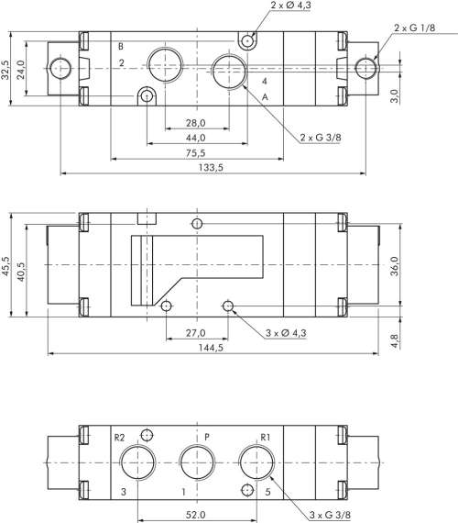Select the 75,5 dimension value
click(193, 153)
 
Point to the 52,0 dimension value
click(193, 516)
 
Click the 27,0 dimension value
click(196, 333)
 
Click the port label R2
click(118, 436)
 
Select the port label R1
click(266, 436)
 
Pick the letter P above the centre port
click(207, 436)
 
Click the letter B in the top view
click(120, 45)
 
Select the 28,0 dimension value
click(195, 122)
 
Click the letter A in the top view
click(265, 97)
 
